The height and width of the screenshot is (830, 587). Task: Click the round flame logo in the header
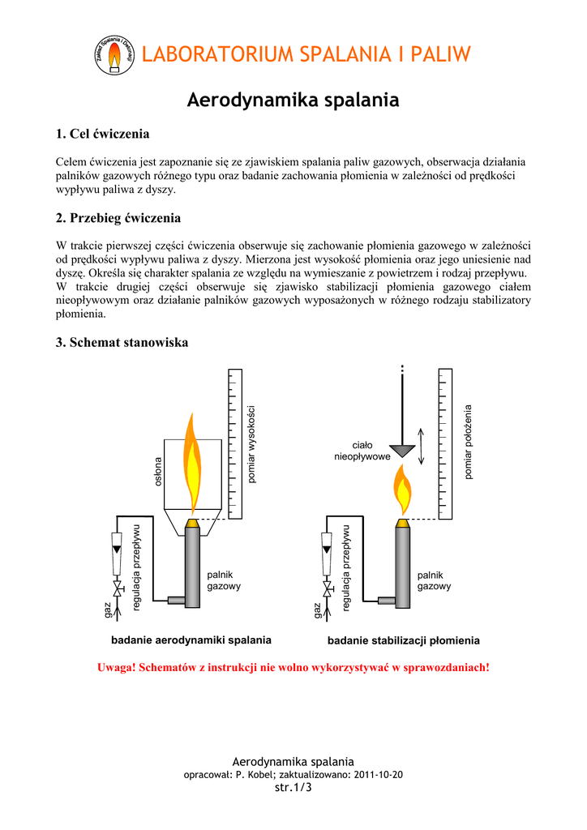click(114, 55)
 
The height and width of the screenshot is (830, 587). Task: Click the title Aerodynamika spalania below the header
click(293, 100)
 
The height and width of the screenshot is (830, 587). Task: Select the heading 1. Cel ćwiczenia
click(103, 134)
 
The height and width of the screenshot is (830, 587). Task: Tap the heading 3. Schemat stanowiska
click(122, 343)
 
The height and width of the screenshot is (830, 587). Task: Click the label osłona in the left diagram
click(158, 472)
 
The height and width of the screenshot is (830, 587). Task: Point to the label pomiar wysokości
click(251, 444)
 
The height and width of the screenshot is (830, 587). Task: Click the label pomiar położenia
click(468, 442)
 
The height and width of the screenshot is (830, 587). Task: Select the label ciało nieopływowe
click(362, 451)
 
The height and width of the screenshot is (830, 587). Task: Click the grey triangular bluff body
click(402, 450)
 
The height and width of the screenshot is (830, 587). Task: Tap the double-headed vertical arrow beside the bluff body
click(422, 447)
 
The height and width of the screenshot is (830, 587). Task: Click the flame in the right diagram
click(402, 490)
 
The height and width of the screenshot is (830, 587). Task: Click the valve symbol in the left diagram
click(117, 588)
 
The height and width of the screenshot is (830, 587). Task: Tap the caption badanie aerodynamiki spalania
click(191, 640)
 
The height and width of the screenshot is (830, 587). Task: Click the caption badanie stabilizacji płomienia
click(404, 640)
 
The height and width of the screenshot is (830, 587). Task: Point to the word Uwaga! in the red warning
click(117, 668)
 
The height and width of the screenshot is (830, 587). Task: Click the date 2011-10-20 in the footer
click(378, 774)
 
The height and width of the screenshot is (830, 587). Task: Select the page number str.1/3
click(293, 787)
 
